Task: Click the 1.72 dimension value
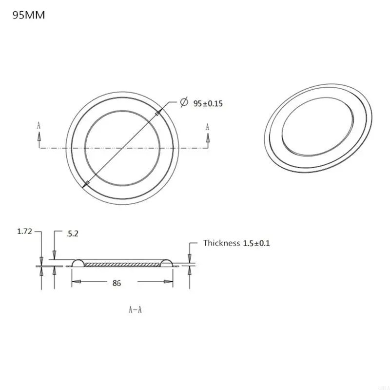tap(24, 232)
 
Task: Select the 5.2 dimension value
tap(71, 234)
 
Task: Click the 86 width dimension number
tap(116, 283)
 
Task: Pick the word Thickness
tap(222, 243)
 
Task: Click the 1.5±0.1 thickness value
tap(256, 243)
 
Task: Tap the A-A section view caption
tap(135, 309)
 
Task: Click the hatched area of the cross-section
tap(122, 264)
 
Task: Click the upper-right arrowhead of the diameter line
tap(157, 113)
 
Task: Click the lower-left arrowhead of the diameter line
tap(86, 183)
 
